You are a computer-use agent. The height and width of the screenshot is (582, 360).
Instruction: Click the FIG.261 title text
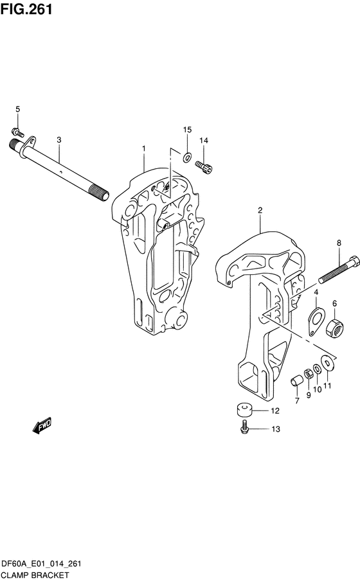(26, 9)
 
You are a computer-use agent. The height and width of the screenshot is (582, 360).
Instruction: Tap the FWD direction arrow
(42, 425)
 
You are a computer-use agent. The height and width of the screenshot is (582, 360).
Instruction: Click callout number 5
(17, 109)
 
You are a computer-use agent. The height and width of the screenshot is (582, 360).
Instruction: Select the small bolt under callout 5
(17, 132)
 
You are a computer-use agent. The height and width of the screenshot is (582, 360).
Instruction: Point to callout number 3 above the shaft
(59, 140)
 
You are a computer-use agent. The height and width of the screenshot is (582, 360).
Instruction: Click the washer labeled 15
(186, 157)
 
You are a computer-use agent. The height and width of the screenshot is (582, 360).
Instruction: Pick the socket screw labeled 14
(204, 166)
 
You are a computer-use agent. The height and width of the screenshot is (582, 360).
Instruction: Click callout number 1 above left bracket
(144, 148)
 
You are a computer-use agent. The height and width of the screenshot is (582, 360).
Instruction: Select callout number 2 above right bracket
(260, 210)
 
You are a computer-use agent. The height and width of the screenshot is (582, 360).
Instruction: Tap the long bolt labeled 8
(338, 269)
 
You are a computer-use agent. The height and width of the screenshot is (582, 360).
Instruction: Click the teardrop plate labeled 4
(316, 322)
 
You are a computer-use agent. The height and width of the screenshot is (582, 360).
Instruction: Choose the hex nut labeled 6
(335, 328)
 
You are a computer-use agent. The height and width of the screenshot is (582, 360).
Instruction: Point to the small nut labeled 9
(308, 374)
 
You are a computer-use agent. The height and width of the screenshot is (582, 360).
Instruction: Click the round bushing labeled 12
(244, 409)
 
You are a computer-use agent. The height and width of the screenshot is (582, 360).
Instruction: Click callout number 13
(275, 429)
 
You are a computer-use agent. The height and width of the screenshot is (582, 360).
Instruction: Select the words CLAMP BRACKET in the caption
(35, 576)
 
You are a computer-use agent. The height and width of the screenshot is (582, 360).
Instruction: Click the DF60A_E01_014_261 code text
(41, 564)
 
